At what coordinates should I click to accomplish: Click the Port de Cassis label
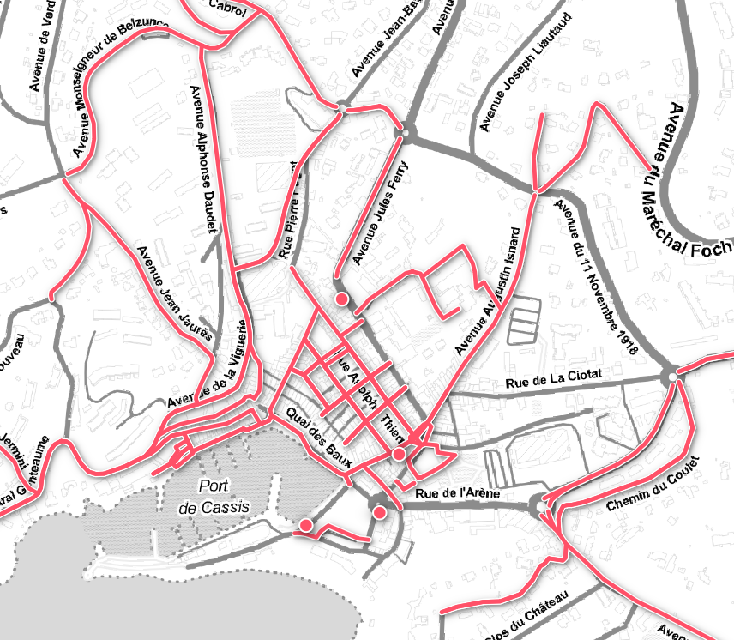coord(214,497)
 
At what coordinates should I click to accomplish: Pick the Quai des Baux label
coord(320,436)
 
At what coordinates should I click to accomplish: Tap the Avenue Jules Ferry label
coord(382,210)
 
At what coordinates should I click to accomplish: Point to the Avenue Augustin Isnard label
coord(488,292)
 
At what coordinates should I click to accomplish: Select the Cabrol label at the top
coord(226,8)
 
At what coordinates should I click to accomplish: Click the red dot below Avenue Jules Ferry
coord(341,299)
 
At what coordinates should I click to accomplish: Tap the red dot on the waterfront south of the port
coord(304,525)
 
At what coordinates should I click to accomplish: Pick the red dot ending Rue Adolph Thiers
coord(399,453)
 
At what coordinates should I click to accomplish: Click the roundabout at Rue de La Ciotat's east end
coord(672,377)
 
